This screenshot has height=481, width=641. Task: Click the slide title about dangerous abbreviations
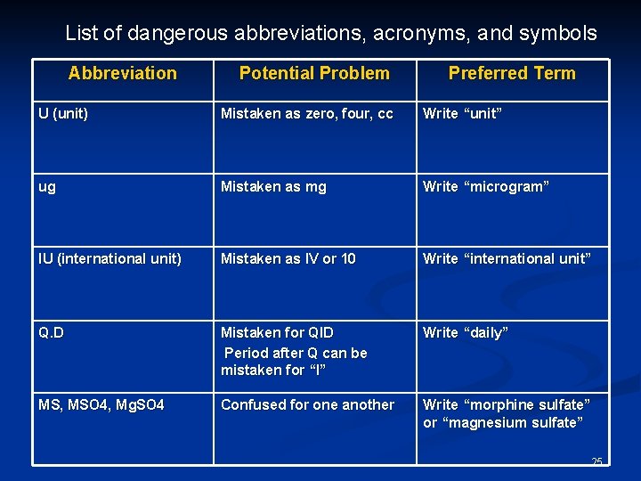[330, 34]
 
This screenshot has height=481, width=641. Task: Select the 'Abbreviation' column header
[122, 73]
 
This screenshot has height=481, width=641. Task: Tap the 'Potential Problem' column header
[314, 73]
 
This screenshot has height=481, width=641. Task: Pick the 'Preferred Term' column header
[512, 73]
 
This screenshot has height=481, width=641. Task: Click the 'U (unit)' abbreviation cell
[63, 114]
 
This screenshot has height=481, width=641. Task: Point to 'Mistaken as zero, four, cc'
[306, 114]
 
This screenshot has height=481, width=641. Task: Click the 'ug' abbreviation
[46, 187]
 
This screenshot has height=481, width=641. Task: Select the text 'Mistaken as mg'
[273, 187]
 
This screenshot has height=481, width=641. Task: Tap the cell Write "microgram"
[485, 187]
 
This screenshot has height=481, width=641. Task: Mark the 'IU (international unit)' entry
[110, 259]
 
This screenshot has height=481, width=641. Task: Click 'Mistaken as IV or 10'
[288, 259]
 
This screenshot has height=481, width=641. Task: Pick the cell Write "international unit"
[507, 259]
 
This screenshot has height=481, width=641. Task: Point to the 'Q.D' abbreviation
[51, 332]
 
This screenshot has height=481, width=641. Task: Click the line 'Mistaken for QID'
[277, 332]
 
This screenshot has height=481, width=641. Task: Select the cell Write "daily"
[466, 332]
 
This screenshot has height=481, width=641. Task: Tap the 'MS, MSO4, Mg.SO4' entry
[101, 405]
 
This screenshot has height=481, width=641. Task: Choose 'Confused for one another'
[307, 405]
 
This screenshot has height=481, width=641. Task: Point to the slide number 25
[596, 461]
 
